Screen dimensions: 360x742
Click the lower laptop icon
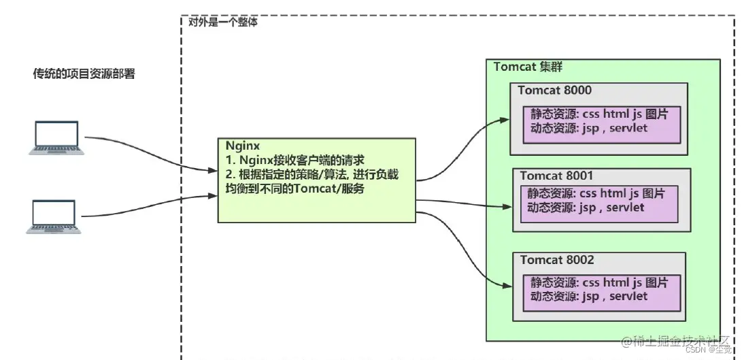click(x=54, y=217)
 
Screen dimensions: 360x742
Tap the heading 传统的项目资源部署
click(x=84, y=73)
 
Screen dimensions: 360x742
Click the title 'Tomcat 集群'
click(x=528, y=67)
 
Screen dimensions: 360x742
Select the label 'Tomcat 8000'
click(x=554, y=91)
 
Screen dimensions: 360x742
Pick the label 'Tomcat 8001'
click(x=556, y=176)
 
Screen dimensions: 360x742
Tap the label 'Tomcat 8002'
click(x=557, y=260)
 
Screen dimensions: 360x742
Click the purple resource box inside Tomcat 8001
click(x=598, y=202)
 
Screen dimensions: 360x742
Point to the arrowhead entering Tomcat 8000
click(x=504, y=120)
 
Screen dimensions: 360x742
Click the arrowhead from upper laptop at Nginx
click(x=212, y=171)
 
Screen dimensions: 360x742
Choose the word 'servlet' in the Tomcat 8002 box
click(x=628, y=296)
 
